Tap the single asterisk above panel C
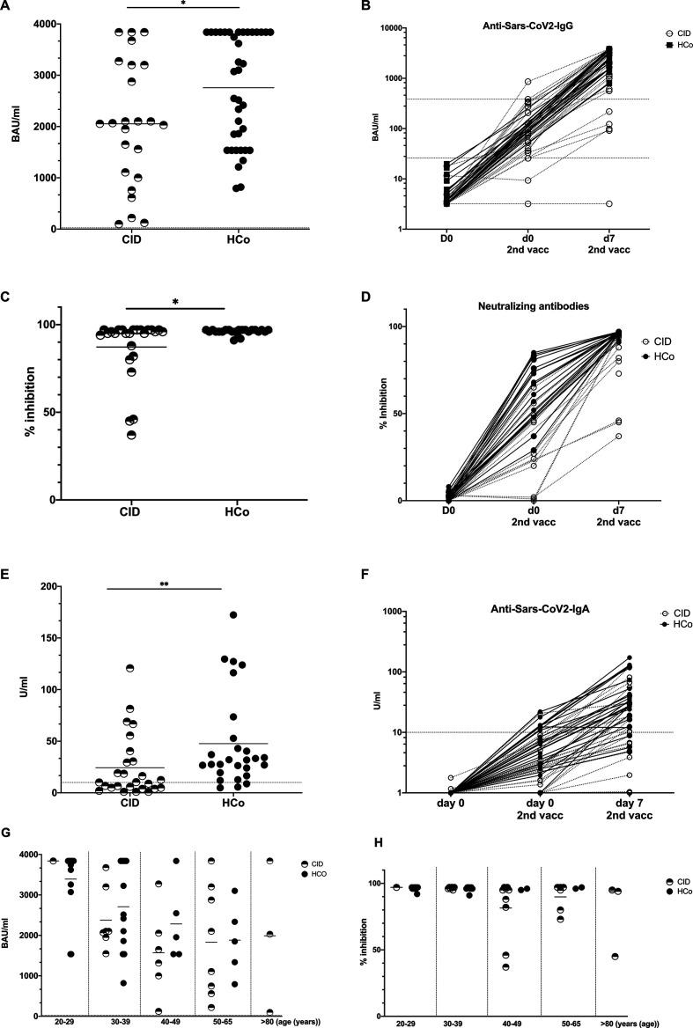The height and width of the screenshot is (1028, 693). tap(176, 303)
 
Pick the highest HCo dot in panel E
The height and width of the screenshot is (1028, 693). tap(233, 615)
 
